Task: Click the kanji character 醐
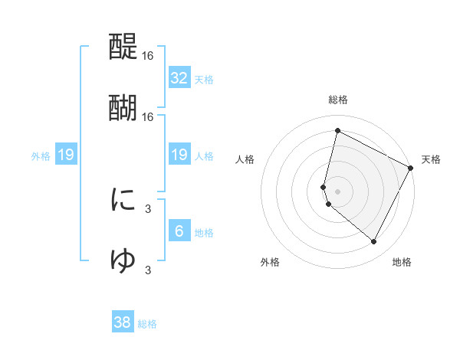pyautogui.click(x=123, y=107)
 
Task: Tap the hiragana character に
pyautogui.click(x=123, y=201)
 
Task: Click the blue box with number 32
pyautogui.click(x=179, y=78)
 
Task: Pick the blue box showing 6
pyautogui.click(x=179, y=231)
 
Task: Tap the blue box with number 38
pyautogui.click(x=123, y=322)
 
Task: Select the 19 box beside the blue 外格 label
pyautogui.click(x=66, y=155)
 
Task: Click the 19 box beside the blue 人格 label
pyautogui.click(x=179, y=155)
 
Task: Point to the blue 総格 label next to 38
pyautogui.click(x=147, y=324)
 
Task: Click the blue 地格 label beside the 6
pyautogui.click(x=204, y=232)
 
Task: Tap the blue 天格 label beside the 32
pyautogui.click(x=204, y=80)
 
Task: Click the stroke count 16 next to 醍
pyautogui.click(x=148, y=57)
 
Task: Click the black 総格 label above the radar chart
pyautogui.click(x=338, y=100)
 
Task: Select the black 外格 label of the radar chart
pyautogui.click(x=270, y=262)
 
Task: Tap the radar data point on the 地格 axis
pyautogui.click(x=373, y=242)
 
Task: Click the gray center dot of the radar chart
pyautogui.click(x=337, y=191)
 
